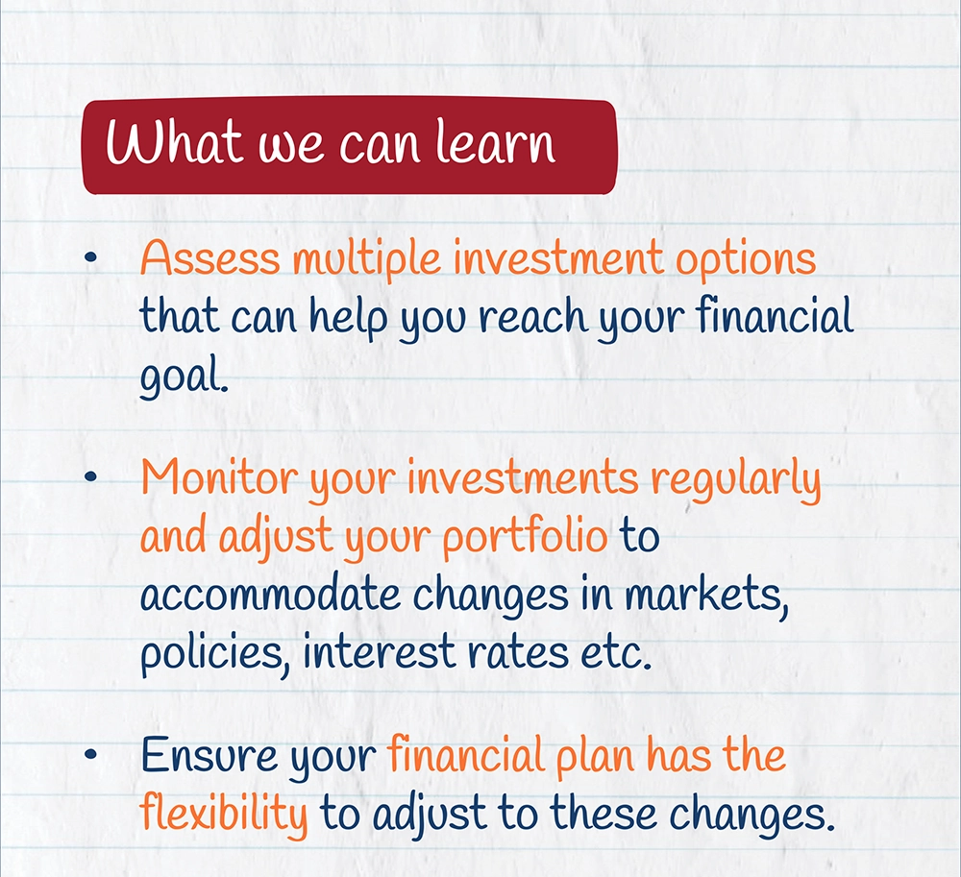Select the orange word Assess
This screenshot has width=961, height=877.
coord(210,257)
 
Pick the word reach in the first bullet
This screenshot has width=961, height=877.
coord(533,316)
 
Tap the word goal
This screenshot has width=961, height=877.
coord(184,378)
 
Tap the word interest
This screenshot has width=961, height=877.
coord(379,651)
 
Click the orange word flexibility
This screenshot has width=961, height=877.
coord(224,815)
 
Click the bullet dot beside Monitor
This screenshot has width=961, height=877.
coord(90,475)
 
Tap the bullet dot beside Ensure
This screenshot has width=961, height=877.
coord(90,754)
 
